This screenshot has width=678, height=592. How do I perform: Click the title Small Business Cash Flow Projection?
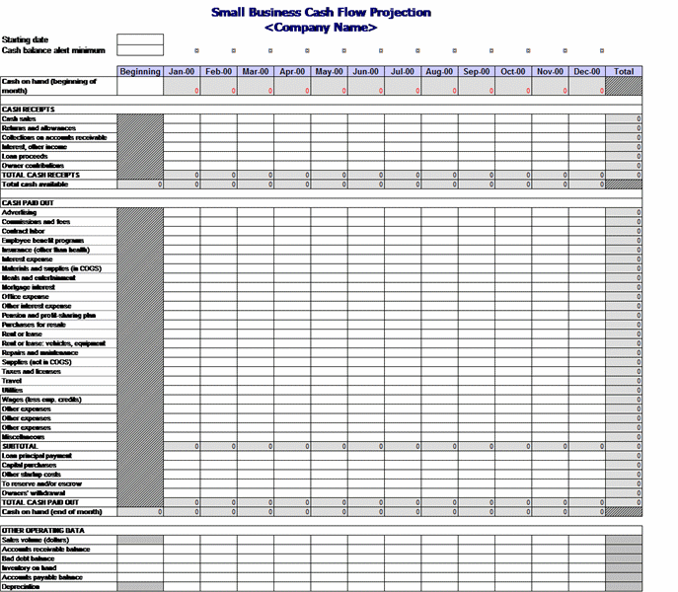(x=321, y=13)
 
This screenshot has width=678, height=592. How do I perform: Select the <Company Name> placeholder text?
(x=321, y=28)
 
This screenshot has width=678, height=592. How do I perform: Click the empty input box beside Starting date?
(x=139, y=39)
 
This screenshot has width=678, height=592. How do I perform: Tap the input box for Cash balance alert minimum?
(x=139, y=50)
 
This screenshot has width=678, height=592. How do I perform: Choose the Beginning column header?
(x=140, y=71)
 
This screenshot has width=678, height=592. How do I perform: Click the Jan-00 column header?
(x=182, y=71)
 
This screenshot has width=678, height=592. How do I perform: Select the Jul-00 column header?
(x=403, y=71)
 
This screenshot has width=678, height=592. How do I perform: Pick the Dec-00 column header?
(x=586, y=71)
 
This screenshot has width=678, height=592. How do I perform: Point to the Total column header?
(x=624, y=71)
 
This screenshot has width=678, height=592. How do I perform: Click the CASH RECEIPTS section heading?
(x=29, y=110)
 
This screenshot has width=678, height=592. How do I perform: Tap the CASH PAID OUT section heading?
(x=29, y=203)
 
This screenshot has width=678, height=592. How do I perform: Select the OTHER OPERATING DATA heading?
(x=38, y=531)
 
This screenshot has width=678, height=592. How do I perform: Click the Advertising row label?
(x=20, y=213)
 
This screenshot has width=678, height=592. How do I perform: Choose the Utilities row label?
(x=13, y=390)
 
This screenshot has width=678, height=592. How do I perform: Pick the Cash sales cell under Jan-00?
(x=182, y=118)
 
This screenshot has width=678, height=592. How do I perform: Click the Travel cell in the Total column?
(x=624, y=380)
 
